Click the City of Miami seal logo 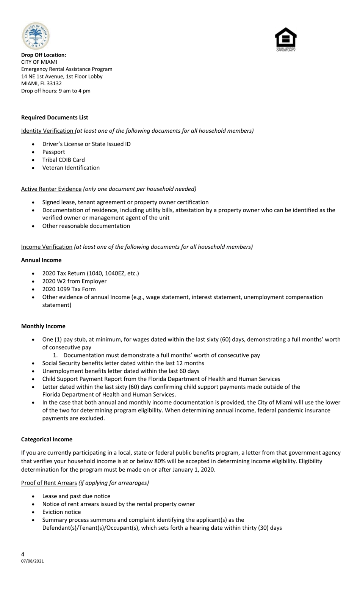click(x=36, y=36)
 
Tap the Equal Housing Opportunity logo click(x=286, y=39)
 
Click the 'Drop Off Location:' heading click(x=44, y=55)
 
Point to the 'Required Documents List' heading click(x=55, y=118)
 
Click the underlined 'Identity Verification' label click(x=47, y=131)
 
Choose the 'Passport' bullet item click(x=53, y=152)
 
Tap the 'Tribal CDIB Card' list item click(x=63, y=160)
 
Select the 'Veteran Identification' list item click(x=71, y=168)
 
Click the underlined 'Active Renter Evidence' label click(x=51, y=189)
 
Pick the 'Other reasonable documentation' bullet click(x=86, y=226)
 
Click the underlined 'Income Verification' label click(x=47, y=247)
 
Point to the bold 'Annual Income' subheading click(x=41, y=260)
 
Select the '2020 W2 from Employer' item click(x=74, y=281)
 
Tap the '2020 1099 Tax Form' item click(x=69, y=289)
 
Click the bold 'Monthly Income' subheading click(x=43, y=326)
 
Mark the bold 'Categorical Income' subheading click(x=47, y=439)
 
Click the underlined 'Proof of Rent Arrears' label click(x=49, y=483)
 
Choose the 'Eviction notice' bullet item click(x=61, y=512)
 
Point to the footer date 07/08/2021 click(x=32, y=561)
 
